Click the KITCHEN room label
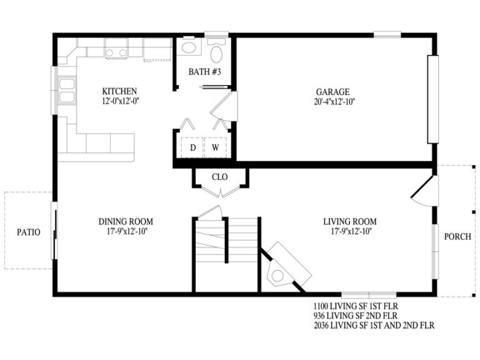(x=119, y=91)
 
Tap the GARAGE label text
(x=332, y=91)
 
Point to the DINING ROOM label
(x=126, y=221)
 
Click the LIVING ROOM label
(x=349, y=221)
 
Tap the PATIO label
(x=28, y=232)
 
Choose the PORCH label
(x=457, y=237)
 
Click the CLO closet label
(x=219, y=177)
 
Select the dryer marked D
(x=192, y=147)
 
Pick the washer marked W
(x=214, y=147)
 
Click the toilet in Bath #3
(x=217, y=52)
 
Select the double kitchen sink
(x=66, y=91)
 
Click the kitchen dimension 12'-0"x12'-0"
(x=119, y=101)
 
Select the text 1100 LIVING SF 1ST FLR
(x=356, y=306)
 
